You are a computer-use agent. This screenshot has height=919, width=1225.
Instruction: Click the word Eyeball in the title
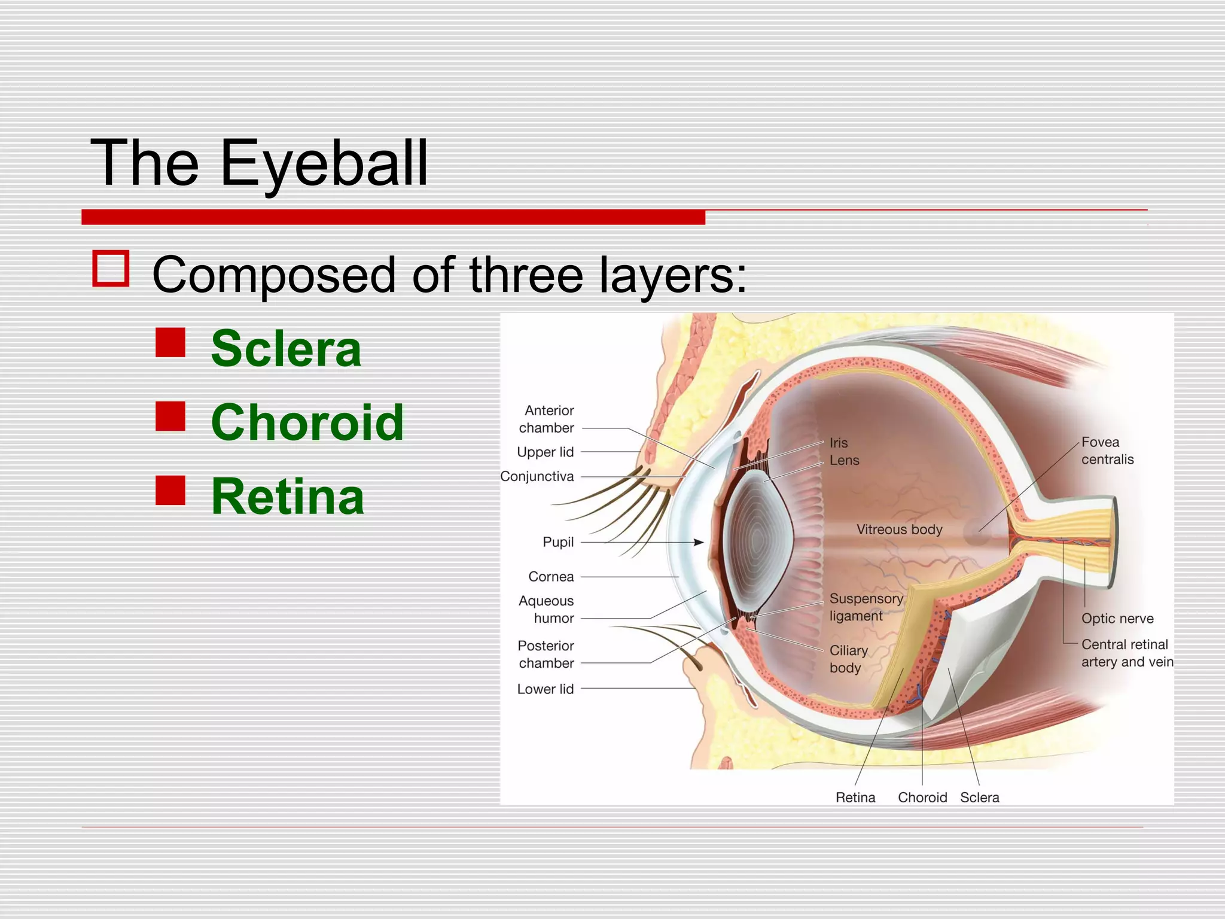click(324, 163)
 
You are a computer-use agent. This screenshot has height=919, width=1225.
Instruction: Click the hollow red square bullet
click(111, 268)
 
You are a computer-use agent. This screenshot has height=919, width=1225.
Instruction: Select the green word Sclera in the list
click(287, 349)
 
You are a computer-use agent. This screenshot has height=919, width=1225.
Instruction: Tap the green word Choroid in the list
click(307, 422)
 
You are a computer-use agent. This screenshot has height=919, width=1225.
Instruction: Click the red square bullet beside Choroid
click(170, 416)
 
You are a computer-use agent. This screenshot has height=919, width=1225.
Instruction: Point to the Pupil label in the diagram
click(557, 542)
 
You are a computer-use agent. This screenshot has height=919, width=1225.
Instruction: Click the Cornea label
click(551, 577)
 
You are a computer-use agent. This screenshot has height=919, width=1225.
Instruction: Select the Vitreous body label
click(899, 530)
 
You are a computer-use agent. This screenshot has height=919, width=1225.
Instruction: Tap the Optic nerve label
click(1117, 619)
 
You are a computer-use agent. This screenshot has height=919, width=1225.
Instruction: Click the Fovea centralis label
click(1107, 451)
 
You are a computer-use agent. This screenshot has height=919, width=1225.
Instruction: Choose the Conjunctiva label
click(537, 477)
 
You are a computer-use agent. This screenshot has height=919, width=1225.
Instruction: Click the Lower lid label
click(545, 689)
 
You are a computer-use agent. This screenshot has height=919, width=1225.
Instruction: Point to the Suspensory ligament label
click(866, 607)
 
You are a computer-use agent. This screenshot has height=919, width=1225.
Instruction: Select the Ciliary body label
click(848, 659)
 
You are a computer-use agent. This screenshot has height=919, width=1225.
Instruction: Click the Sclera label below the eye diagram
click(979, 798)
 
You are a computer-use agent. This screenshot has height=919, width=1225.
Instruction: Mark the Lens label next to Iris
click(844, 461)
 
